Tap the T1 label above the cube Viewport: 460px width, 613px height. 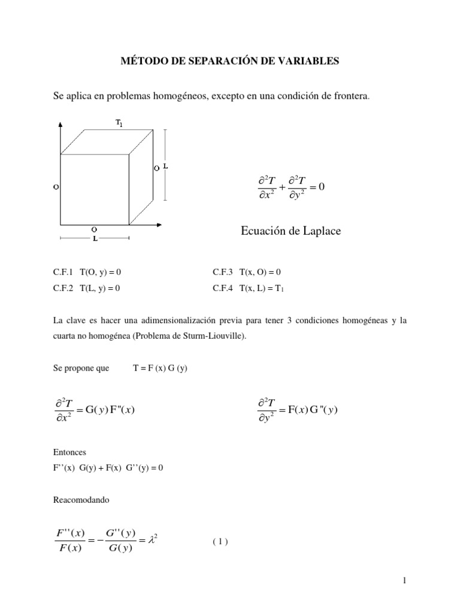point(119,123)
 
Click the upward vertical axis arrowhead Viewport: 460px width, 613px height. point(60,126)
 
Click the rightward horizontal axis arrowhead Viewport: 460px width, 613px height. point(160,224)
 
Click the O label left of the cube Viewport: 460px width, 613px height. point(55,187)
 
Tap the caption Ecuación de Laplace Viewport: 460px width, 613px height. point(290,230)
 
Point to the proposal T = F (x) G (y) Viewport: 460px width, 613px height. point(160,368)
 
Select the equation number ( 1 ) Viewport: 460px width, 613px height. point(220,542)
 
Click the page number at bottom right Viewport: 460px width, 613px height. point(405,580)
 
